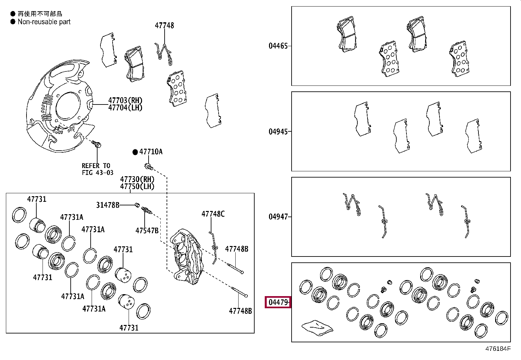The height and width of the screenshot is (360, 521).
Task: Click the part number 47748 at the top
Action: pos(164,25)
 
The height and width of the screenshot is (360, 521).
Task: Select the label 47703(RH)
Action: pos(125,101)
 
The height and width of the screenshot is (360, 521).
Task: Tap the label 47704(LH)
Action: pos(125,108)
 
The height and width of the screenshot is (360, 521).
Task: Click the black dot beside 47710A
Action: pos(135,152)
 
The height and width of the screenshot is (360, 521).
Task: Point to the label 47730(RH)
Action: pos(137,179)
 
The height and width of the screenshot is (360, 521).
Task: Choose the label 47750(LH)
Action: pos(137,186)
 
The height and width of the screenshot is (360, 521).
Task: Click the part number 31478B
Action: pos(107,205)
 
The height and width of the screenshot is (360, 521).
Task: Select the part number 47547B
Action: pos(147,231)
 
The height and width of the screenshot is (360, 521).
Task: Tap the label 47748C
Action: pos(213,214)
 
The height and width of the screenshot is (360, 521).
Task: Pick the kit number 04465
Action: pos(278,46)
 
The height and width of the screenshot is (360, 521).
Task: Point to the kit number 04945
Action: pos(278,132)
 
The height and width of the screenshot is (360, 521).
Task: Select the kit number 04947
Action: pos(278,217)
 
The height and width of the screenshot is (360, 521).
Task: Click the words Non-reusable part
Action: pos(44,22)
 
